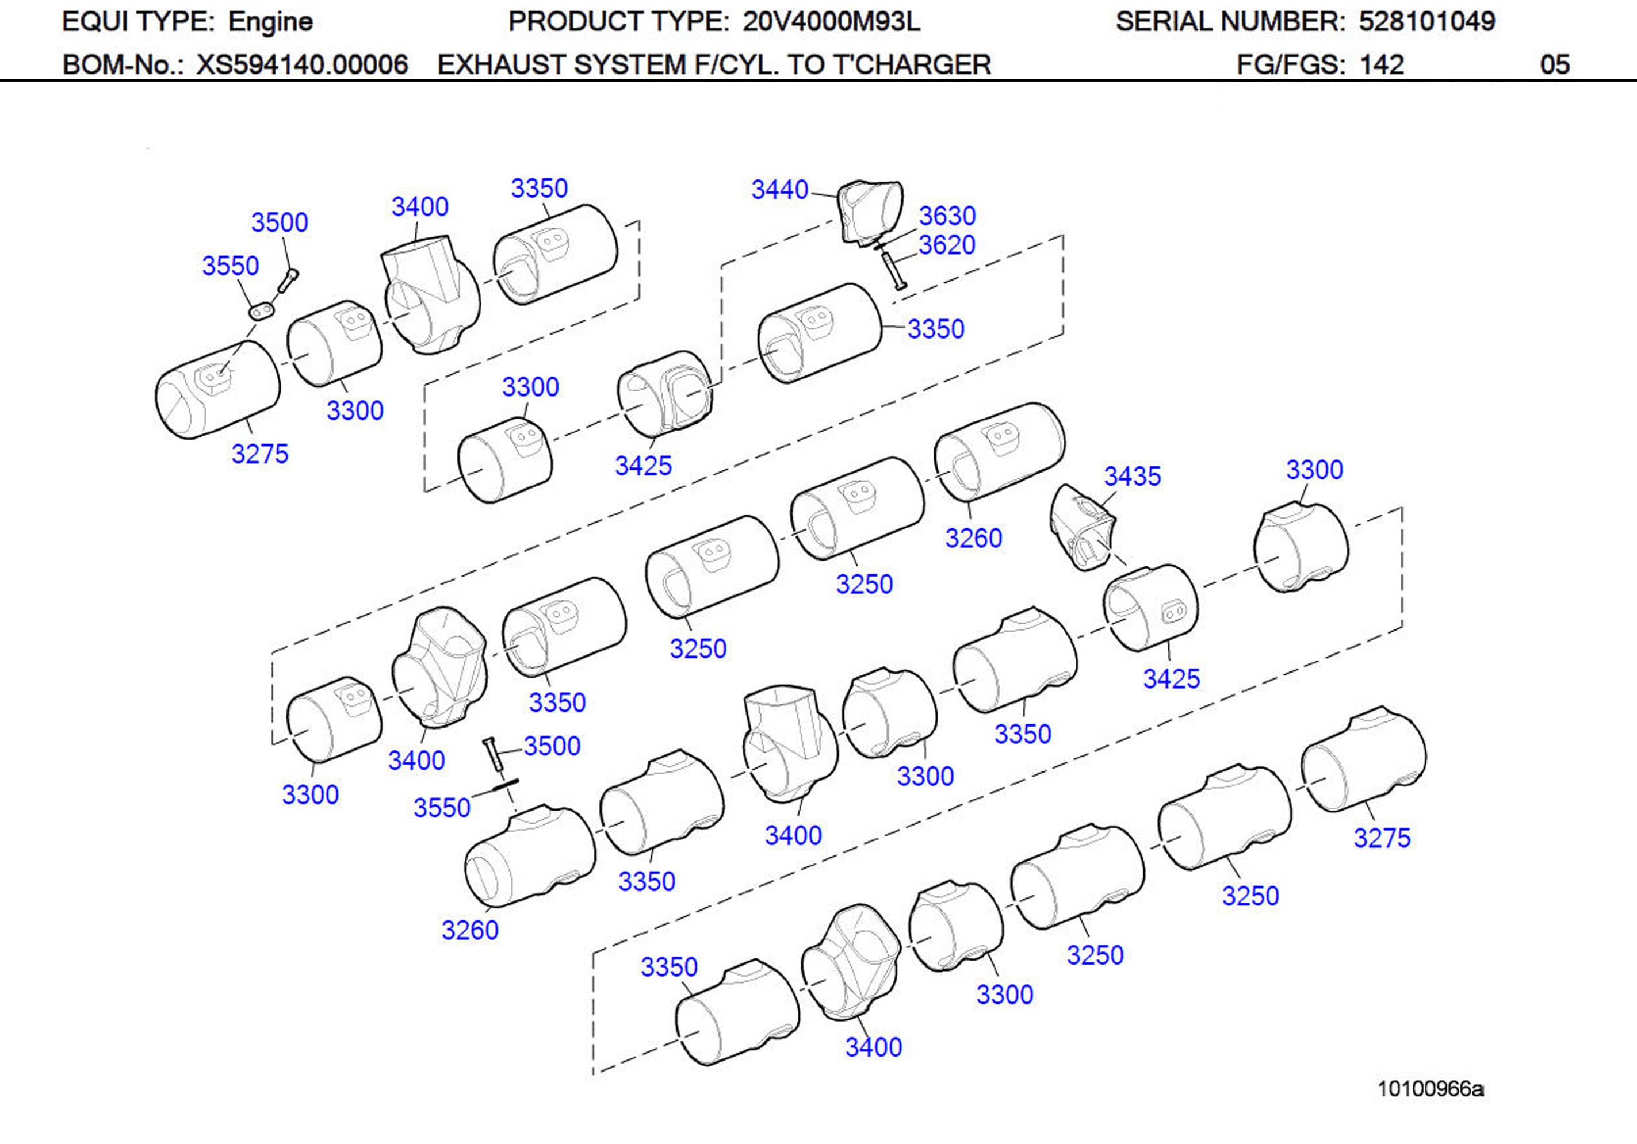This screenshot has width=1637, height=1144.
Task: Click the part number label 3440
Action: click(x=779, y=190)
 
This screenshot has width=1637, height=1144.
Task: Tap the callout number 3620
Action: click(x=946, y=245)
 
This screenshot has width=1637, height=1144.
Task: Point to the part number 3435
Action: click(x=1132, y=476)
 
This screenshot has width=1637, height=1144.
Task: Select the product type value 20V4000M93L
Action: click(x=831, y=21)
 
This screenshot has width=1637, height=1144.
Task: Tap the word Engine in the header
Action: click(x=270, y=21)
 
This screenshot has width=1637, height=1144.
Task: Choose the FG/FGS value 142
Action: click(x=1382, y=65)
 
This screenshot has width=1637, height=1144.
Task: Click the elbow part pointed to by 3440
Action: click(x=869, y=210)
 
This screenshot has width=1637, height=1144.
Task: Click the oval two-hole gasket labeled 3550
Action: click(x=262, y=311)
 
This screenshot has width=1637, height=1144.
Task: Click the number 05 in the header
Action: click(x=1554, y=65)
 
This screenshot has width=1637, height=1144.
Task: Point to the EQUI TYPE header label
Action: click(x=138, y=21)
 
